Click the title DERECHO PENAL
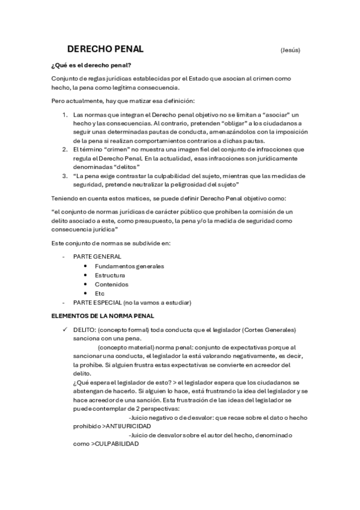click(x=105, y=49)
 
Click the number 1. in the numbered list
click(x=65, y=114)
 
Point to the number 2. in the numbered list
click(x=65, y=149)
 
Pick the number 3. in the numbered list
click(x=65, y=176)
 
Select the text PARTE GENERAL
click(x=97, y=257)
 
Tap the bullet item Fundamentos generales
click(x=129, y=266)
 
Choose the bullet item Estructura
click(x=110, y=275)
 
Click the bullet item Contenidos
click(x=111, y=284)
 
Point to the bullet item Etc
click(x=100, y=293)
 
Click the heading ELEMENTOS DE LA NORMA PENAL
click(x=103, y=315)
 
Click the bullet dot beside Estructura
click(x=87, y=275)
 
